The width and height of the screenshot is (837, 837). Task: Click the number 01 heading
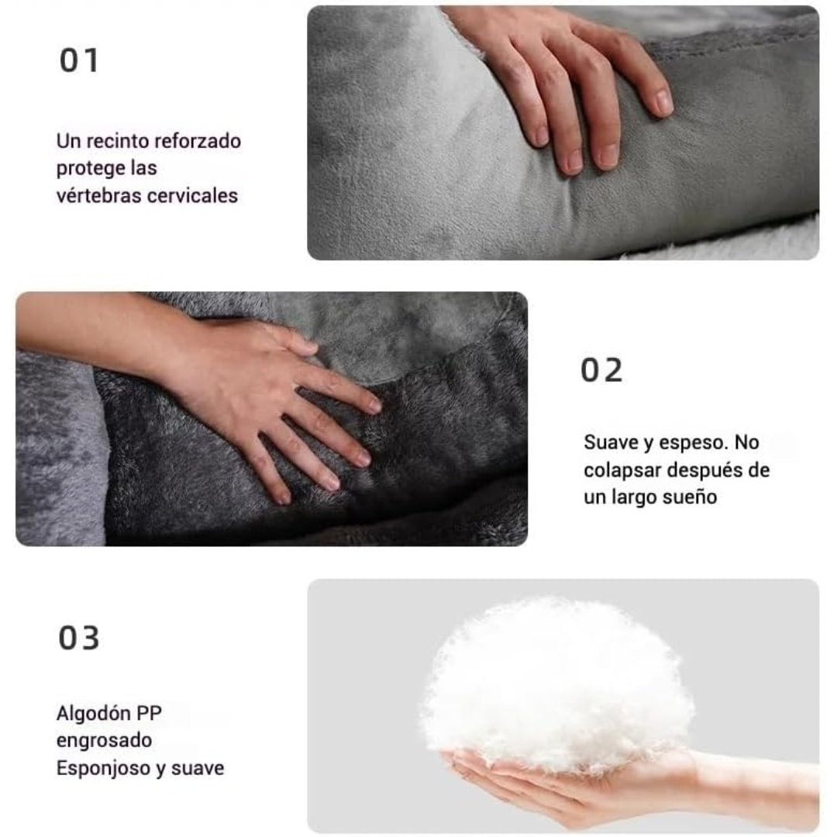click(x=79, y=60)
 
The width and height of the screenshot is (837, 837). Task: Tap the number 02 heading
click(x=601, y=370)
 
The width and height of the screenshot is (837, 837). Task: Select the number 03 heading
click(x=79, y=638)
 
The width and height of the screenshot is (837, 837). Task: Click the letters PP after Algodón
click(x=149, y=713)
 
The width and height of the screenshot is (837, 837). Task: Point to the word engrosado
click(x=104, y=741)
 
